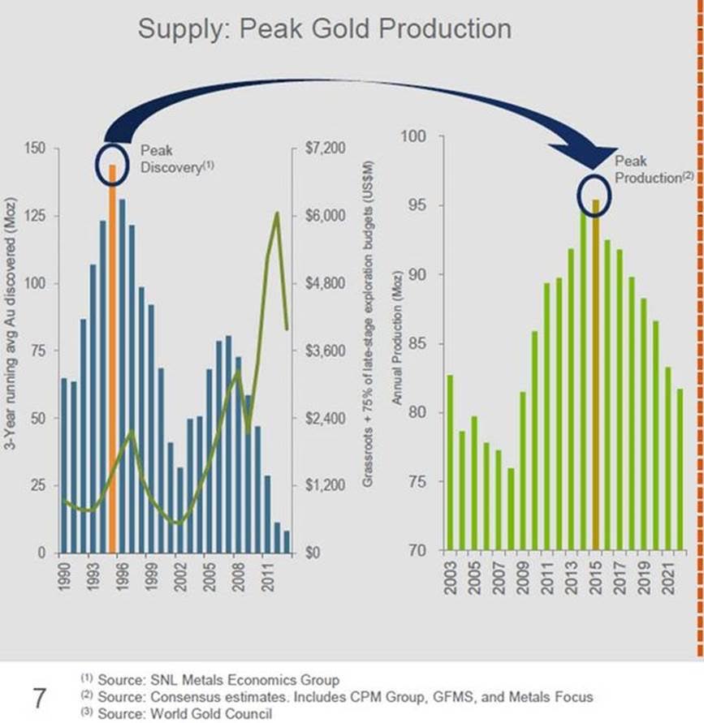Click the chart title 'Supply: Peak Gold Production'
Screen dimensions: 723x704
[324, 29]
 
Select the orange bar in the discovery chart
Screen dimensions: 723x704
[113, 357]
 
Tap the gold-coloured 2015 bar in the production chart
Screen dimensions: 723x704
[595, 373]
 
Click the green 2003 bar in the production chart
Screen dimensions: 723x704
[450, 463]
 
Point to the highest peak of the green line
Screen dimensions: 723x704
[278, 213]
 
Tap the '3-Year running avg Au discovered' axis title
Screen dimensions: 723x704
[15, 346]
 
